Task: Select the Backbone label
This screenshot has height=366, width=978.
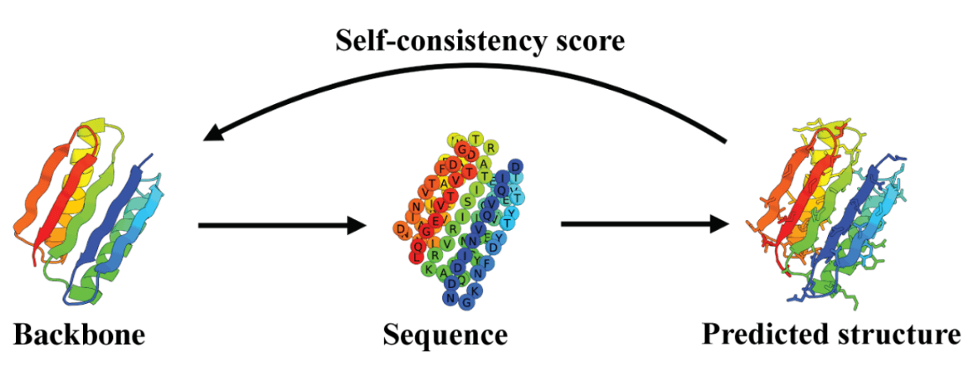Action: pyautogui.click(x=80, y=334)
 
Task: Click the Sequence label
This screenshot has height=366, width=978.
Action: pyautogui.click(x=445, y=334)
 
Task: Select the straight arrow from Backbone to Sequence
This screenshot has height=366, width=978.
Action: pyautogui.click(x=281, y=226)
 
